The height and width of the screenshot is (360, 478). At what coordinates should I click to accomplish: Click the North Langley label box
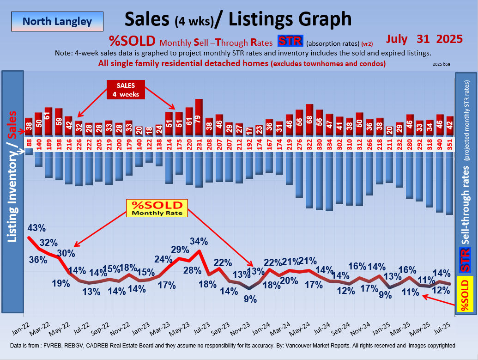coord(57,21)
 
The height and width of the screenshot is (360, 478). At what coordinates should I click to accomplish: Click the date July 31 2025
coord(424,39)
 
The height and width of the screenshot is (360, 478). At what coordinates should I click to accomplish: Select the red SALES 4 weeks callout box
coord(126,90)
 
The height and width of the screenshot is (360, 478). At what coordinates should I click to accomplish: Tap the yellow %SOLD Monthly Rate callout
coord(157,208)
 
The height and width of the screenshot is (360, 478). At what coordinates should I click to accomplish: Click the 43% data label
coord(36,228)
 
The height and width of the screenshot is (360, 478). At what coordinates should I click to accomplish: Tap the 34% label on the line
coord(199,241)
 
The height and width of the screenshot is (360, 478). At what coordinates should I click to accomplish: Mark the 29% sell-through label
coord(180,250)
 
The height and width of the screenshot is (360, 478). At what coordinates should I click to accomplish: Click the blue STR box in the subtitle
coord(290,41)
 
